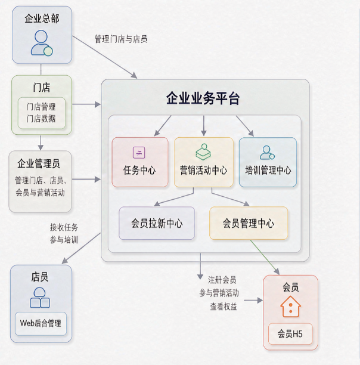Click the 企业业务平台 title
(203, 98)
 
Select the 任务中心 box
(140, 162)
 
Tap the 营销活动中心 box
(204, 162)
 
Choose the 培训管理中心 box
(268, 162)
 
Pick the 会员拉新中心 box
(157, 223)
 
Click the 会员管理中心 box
(249, 223)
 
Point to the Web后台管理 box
(41, 324)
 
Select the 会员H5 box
(290, 334)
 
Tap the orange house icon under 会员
(290, 307)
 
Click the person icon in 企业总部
(41, 43)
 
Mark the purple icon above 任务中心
(139, 153)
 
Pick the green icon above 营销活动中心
(203, 152)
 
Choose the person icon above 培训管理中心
(267, 153)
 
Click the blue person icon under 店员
(40, 298)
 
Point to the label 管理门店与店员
(121, 39)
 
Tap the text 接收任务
(64, 227)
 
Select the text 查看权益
(224, 307)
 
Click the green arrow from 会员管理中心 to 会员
(265, 257)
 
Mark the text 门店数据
(41, 119)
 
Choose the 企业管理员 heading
(39, 163)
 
